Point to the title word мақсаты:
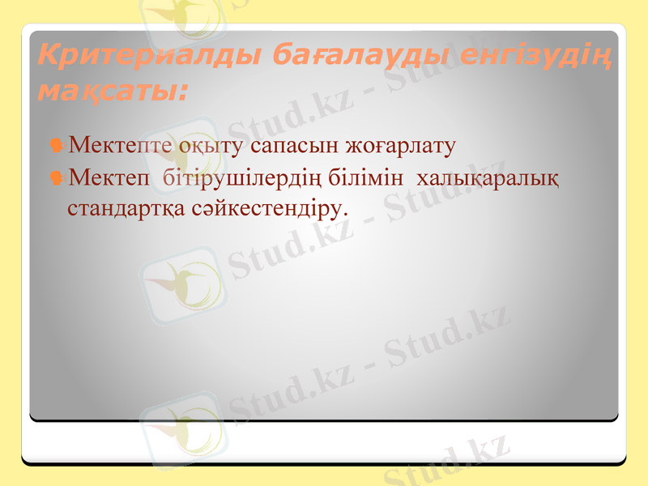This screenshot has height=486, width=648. (112, 91)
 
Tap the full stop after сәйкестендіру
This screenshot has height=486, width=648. (345, 214)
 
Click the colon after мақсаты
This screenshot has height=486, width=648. (181, 93)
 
